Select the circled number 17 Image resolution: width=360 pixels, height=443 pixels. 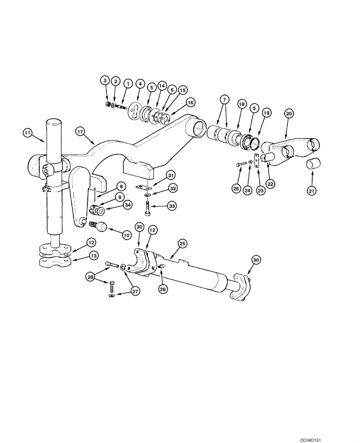80,131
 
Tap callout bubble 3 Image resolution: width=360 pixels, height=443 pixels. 105,81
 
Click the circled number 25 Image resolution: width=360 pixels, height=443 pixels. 182,243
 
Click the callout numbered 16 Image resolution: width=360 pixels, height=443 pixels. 190,102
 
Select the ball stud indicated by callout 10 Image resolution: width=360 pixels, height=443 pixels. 102,227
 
